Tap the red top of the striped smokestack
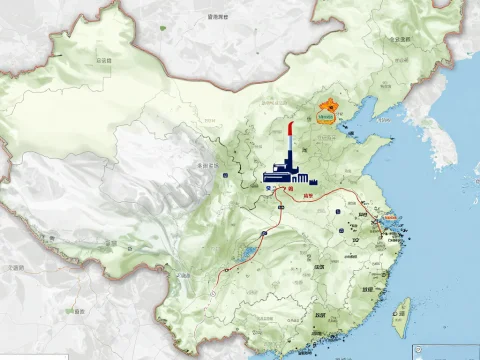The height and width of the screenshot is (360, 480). [289, 127]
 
